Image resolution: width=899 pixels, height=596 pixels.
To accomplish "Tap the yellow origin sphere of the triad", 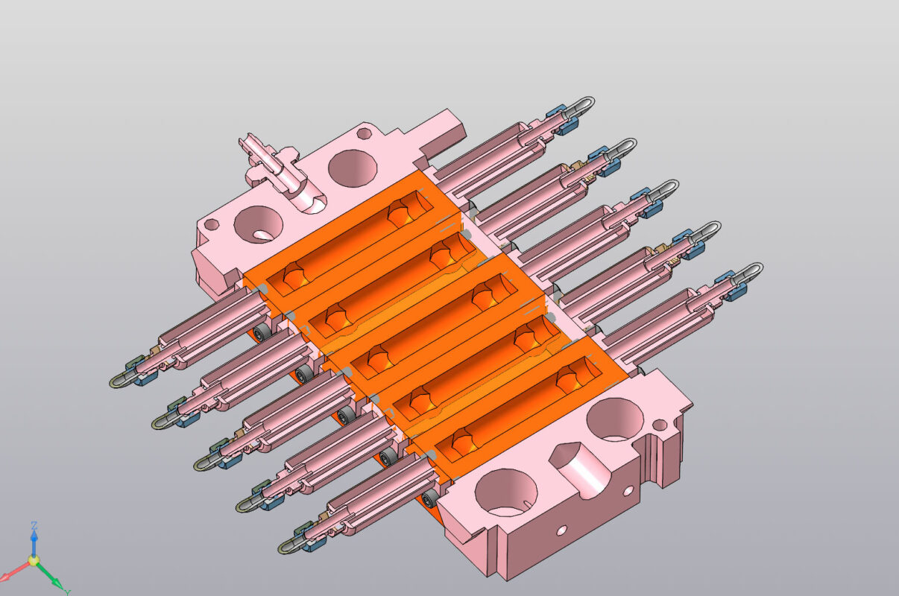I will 34,559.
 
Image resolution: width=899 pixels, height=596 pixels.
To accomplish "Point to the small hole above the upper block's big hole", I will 364,133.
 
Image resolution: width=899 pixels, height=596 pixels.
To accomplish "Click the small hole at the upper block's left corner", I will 212,223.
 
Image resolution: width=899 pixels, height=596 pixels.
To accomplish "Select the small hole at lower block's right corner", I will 660,425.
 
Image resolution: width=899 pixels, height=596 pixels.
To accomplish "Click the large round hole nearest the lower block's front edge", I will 505,492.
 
